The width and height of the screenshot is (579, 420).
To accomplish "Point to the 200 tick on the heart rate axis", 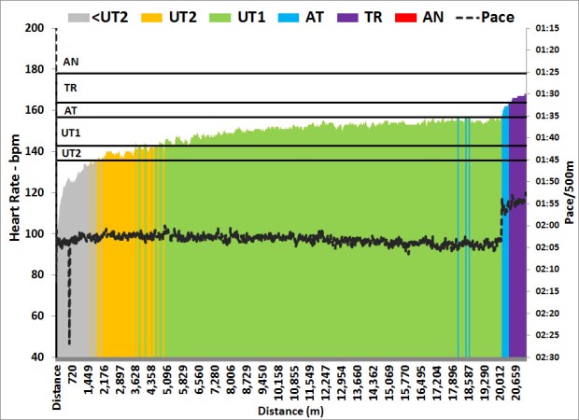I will tap(37, 28).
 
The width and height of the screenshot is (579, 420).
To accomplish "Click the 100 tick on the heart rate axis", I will tap(37, 233).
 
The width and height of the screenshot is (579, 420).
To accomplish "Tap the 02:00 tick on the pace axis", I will tap(547, 225).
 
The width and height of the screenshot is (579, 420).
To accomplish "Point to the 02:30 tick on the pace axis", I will tap(547, 357).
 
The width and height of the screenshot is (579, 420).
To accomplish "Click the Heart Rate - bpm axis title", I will tap(15, 192).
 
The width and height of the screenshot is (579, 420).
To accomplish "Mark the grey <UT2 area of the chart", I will tap(75, 280).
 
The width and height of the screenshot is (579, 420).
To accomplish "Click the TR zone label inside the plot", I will tap(70, 88).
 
